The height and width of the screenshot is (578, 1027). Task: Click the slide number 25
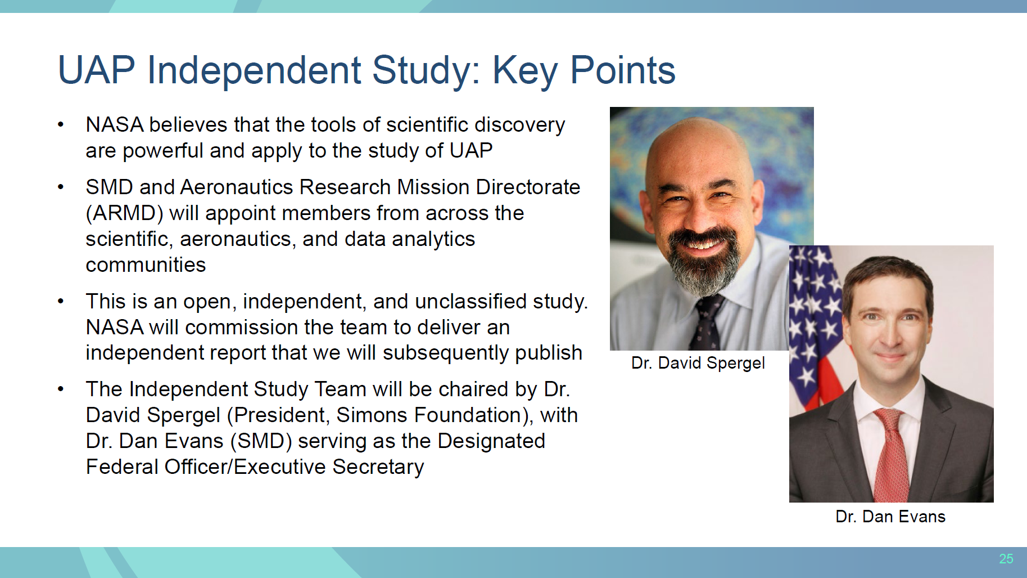click(1006, 559)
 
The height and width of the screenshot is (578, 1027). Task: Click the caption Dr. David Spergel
click(698, 363)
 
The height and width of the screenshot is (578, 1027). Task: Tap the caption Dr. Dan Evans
click(890, 517)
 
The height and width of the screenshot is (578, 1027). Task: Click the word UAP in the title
click(96, 70)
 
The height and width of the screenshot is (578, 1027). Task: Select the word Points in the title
click(623, 70)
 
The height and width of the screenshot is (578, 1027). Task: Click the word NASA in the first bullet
click(115, 125)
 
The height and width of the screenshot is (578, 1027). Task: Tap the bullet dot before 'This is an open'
click(61, 302)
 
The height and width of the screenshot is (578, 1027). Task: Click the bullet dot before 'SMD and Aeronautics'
click(61, 187)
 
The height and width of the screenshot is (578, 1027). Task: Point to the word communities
click(146, 265)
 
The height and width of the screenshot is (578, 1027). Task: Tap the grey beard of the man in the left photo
click(703, 265)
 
